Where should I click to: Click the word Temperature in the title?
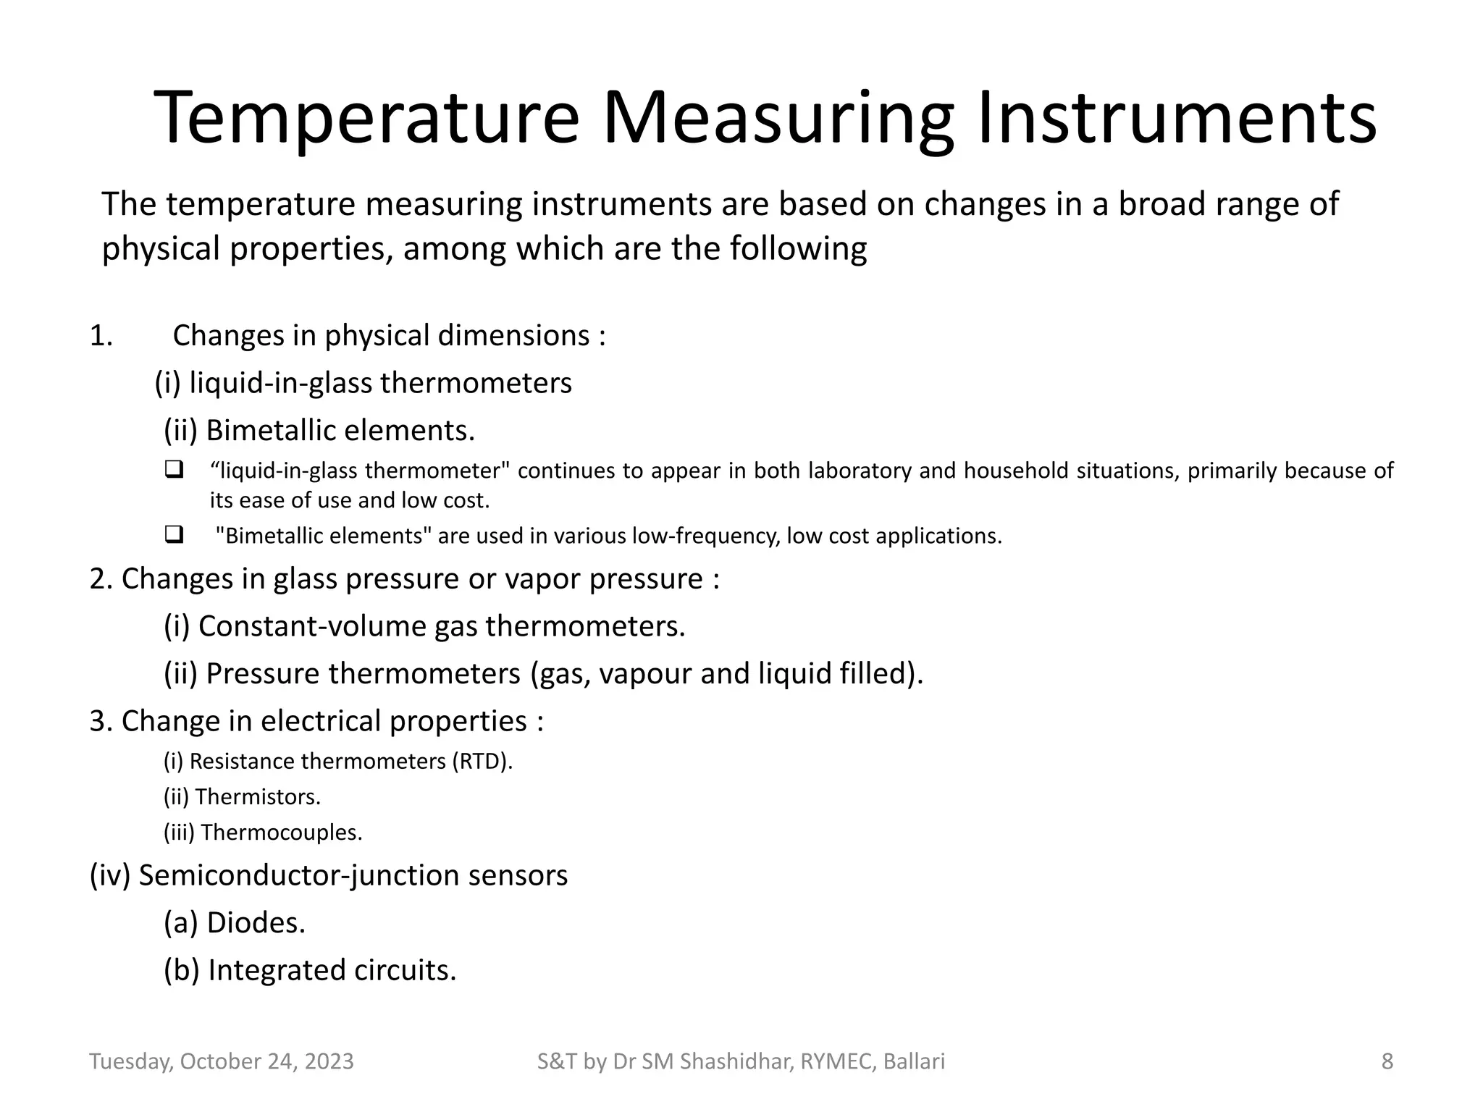pos(366,118)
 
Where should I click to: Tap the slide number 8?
pos(1387,1061)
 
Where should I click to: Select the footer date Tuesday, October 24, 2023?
pos(222,1061)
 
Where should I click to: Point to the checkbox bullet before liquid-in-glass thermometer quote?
pos(174,470)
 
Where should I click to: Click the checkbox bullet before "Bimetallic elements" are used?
pos(174,536)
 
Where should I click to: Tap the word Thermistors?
pos(257,797)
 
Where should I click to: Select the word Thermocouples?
pos(281,833)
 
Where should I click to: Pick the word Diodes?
pos(256,923)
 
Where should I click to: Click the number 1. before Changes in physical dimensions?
pos(101,336)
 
